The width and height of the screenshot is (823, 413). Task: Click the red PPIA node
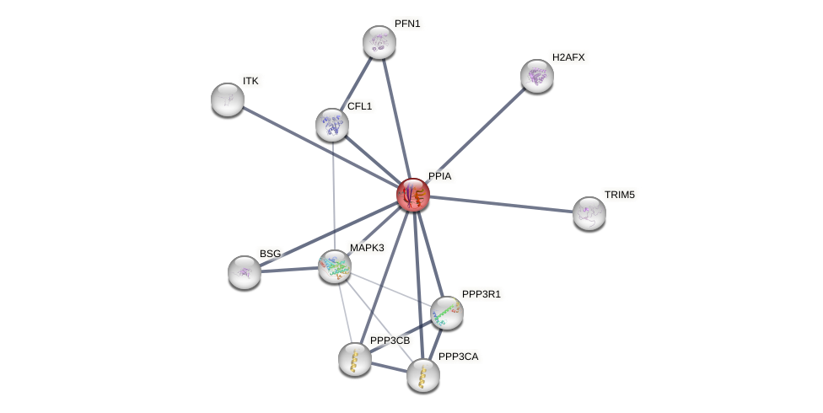coord(413,195)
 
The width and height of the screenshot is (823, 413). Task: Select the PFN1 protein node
coord(379,42)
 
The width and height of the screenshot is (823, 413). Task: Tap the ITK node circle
coord(228,99)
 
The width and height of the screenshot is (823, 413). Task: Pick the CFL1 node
coord(332,125)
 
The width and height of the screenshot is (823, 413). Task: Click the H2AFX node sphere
coord(537,76)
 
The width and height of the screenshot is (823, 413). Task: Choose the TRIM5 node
coord(589,212)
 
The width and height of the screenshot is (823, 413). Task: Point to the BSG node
coord(245,271)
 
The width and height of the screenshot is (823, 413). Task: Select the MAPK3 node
coord(335,266)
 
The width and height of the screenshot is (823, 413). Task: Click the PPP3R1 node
coord(447,313)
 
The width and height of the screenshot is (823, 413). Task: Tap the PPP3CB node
coord(355,359)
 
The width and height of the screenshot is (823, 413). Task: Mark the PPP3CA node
coord(423,375)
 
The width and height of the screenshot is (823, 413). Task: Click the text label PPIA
coord(440,176)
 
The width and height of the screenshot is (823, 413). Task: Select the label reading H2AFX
coord(569,57)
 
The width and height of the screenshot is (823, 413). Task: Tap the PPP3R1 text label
coord(481,294)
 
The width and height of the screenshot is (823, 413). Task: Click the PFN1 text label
coord(407,24)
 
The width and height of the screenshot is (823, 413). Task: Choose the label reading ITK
coord(250,81)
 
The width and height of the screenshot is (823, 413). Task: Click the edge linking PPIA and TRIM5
coord(502,204)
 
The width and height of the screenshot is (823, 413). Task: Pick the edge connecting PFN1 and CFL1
coord(356,83)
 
